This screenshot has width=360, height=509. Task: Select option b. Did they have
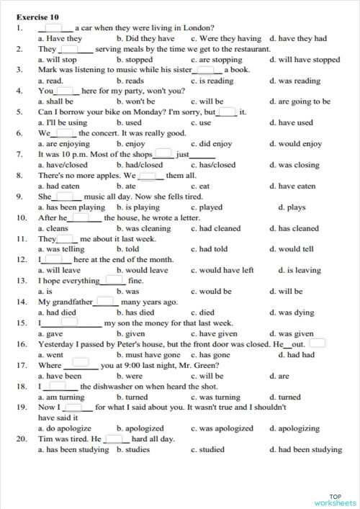click(x=145, y=39)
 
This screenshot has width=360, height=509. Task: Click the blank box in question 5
click(x=227, y=112)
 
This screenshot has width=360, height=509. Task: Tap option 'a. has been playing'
click(x=71, y=207)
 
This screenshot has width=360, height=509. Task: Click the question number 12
click(x=21, y=259)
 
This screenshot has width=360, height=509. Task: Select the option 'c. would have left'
click(x=222, y=270)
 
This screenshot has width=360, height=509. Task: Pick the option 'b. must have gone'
click(x=148, y=355)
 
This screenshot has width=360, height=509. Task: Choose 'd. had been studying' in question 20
click(x=305, y=450)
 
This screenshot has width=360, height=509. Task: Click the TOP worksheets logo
click(x=335, y=499)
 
